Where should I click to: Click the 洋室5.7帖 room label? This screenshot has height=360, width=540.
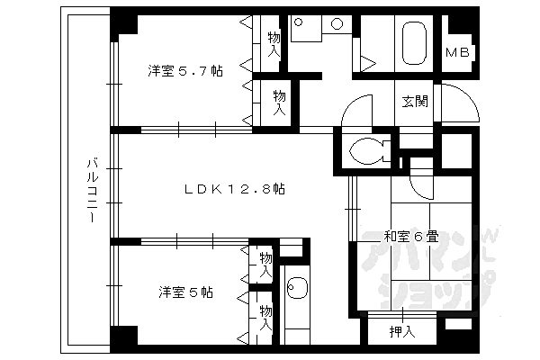point(186,71)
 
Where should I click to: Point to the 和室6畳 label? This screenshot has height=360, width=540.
point(411,238)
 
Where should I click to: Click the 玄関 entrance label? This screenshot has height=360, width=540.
point(415,101)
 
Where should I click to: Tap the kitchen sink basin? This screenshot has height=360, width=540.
point(296,290)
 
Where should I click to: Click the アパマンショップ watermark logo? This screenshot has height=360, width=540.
point(423,270)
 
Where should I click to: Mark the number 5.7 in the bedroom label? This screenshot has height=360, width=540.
point(199,71)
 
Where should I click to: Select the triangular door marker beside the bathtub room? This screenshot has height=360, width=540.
point(368,62)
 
